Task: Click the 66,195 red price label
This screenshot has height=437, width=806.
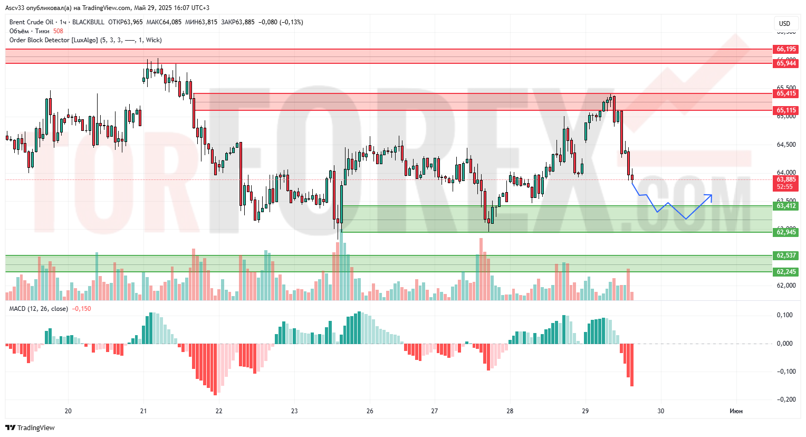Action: point(786,49)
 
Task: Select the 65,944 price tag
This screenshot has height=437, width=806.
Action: point(786,63)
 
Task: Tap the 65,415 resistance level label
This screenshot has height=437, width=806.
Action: point(786,93)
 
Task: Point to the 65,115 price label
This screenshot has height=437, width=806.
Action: point(786,110)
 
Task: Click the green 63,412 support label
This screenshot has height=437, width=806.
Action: point(786,206)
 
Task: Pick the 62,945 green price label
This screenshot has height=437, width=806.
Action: point(786,232)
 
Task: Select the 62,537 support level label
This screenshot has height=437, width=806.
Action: point(786,255)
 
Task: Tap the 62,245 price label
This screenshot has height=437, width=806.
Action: point(786,272)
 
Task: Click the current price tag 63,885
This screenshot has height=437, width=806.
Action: point(786,179)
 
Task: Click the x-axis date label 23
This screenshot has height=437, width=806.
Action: point(294,411)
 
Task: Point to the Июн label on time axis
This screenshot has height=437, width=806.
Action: point(736,411)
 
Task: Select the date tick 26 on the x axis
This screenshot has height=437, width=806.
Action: point(370,411)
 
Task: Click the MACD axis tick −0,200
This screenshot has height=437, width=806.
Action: point(786,400)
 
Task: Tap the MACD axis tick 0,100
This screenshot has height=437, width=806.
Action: point(785,315)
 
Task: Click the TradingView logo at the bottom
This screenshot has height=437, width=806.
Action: point(31,427)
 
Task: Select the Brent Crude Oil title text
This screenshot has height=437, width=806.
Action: point(32,22)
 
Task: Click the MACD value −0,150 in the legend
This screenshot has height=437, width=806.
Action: point(81,309)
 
